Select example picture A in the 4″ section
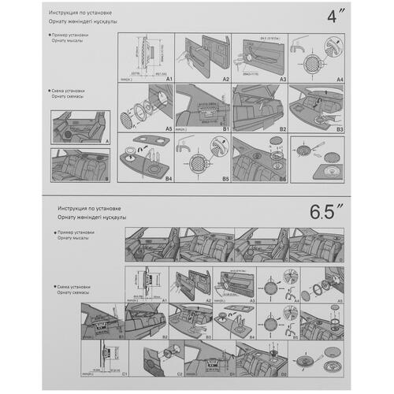[78, 126]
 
